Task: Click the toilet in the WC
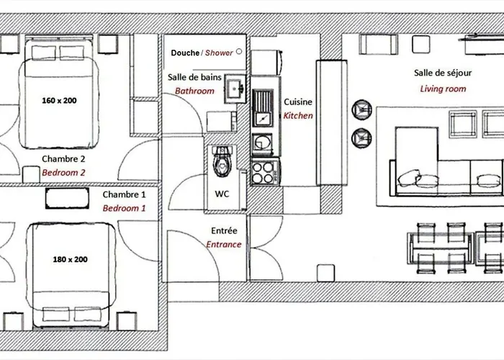[x=222, y=161]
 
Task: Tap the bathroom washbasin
[x=234, y=89]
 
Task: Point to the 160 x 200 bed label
[x=59, y=100]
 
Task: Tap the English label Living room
[x=443, y=89]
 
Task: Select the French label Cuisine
[x=298, y=102]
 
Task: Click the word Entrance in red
[x=224, y=245]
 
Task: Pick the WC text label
[x=222, y=194]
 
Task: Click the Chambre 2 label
[x=63, y=159]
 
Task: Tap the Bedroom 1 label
[x=124, y=208]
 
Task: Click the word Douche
[x=184, y=53]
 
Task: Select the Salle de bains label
[x=194, y=77]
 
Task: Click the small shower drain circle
[x=238, y=53]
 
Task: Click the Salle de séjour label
[x=443, y=73]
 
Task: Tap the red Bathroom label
[x=195, y=91]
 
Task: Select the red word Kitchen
[x=298, y=115]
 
